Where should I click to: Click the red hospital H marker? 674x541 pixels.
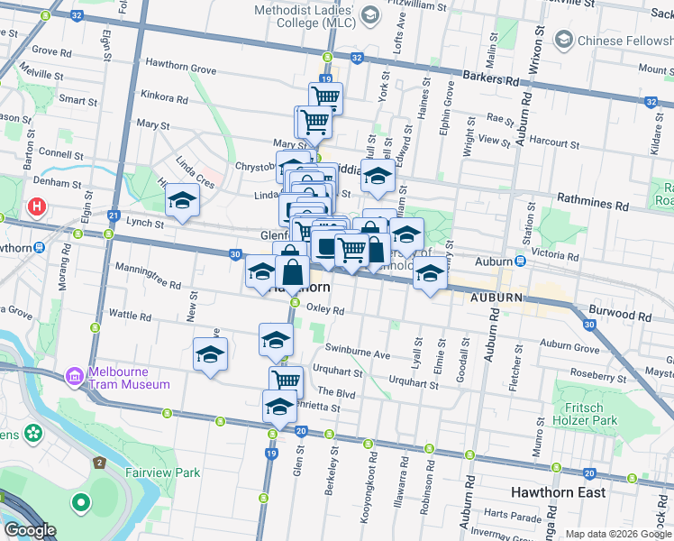37,207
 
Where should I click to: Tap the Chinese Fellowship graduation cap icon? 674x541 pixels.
564,40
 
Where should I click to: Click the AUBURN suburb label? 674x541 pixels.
495,297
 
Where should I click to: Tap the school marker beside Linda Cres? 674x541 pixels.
181,206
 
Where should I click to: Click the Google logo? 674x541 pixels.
30,530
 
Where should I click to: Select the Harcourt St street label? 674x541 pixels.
553,142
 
